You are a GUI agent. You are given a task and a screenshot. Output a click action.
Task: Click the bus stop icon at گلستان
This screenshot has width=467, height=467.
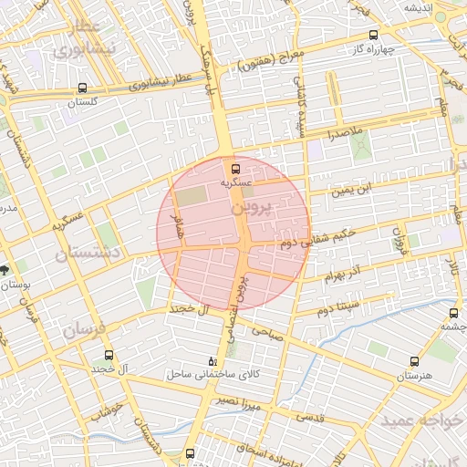[83, 89]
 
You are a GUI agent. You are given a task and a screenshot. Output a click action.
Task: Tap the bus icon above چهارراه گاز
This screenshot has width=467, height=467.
[374, 34]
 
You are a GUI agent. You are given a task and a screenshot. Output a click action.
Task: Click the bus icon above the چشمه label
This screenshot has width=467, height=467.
[454, 314]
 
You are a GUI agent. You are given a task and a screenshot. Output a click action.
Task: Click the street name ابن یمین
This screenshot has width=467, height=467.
[352, 192]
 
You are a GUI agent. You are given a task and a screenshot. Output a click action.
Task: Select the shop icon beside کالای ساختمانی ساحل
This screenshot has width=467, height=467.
[213, 360]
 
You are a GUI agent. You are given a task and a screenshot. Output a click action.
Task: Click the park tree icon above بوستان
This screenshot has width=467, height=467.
[6, 270]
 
